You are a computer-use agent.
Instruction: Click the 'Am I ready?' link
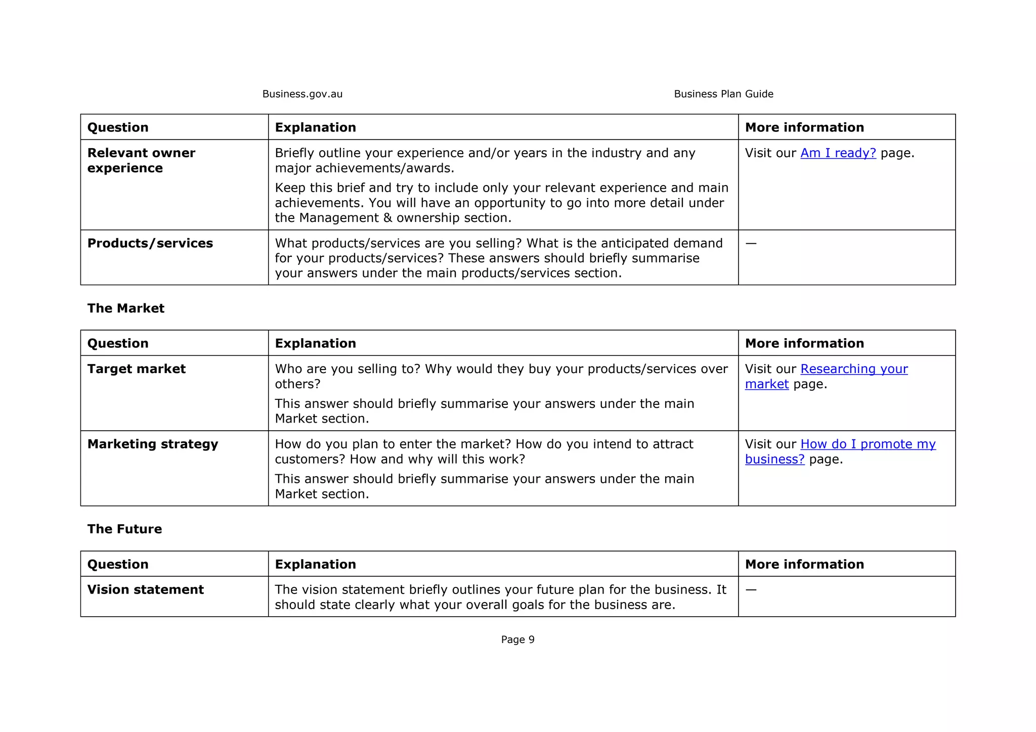click(x=838, y=153)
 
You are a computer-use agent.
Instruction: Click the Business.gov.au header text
click(x=302, y=94)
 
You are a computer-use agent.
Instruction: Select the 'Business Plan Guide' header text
click(x=723, y=94)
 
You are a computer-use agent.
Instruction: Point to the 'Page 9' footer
click(x=517, y=639)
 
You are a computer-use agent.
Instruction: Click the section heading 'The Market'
click(x=125, y=308)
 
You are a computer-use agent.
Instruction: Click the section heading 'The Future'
click(x=124, y=529)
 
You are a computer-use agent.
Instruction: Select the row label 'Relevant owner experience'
click(x=141, y=160)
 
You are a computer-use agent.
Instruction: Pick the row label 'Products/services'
click(x=150, y=244)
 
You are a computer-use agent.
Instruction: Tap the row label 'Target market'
click(x=136, y=369)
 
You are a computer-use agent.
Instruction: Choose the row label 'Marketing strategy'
click(x=152, y=444)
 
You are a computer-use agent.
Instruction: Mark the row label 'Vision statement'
click(x=145, y=590)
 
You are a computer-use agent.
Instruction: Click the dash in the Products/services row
click(x=751, y=244)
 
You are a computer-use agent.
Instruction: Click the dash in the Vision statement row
click(x=751, y=590)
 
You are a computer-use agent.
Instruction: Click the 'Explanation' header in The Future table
click(x=315, y=564)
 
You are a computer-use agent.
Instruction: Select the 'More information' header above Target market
click(x=804, y=343)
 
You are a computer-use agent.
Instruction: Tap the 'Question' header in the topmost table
click(x=118, y=127)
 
